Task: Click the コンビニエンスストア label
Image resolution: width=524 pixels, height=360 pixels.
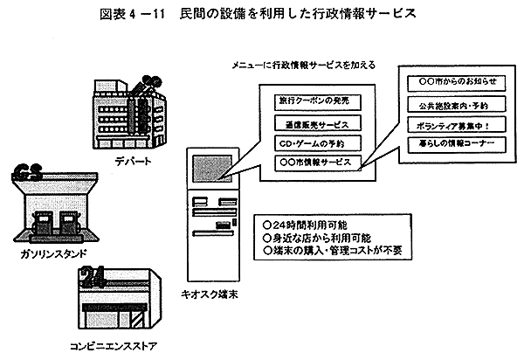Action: [113, 344]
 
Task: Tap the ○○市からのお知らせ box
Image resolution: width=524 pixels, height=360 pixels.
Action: [452, 81]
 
